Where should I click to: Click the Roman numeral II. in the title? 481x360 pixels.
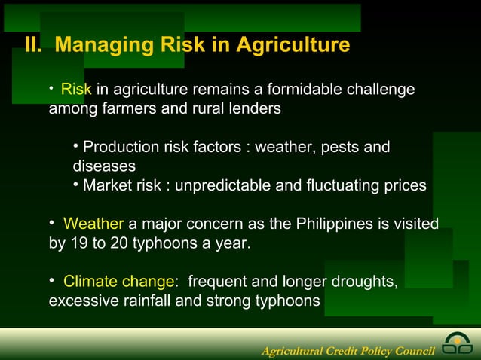33,46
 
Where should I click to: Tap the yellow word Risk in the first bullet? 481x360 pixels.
75,90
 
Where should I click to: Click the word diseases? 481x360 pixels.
104,166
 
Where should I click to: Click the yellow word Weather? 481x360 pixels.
93,224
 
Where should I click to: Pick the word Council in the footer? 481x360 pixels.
412,351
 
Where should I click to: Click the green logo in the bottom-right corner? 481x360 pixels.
458,343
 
